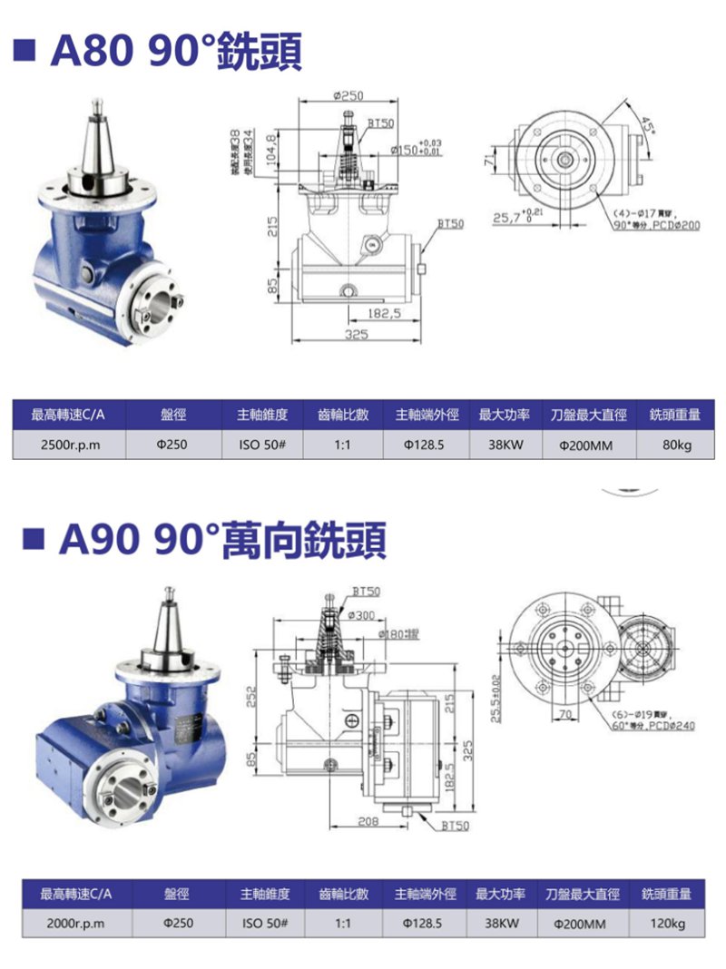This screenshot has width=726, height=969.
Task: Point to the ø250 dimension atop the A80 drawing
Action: (348, 95)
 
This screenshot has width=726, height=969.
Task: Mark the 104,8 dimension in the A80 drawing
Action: (271, 146)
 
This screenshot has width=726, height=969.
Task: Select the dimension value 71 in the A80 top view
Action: (489, 161)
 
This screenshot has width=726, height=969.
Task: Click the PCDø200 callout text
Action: (675, 224)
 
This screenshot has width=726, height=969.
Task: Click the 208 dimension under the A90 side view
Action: (368, 821)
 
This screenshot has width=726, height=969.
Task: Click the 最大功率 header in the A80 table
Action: (504, 415)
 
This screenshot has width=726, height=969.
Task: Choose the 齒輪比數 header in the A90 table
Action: (343, 894)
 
